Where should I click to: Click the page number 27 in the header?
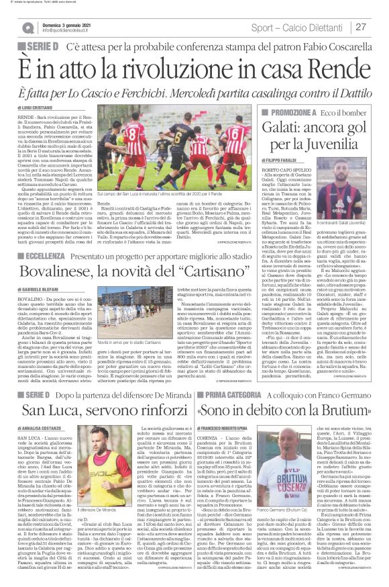[x=360, y=27]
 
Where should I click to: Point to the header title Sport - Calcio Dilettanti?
[x=298, y=27]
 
